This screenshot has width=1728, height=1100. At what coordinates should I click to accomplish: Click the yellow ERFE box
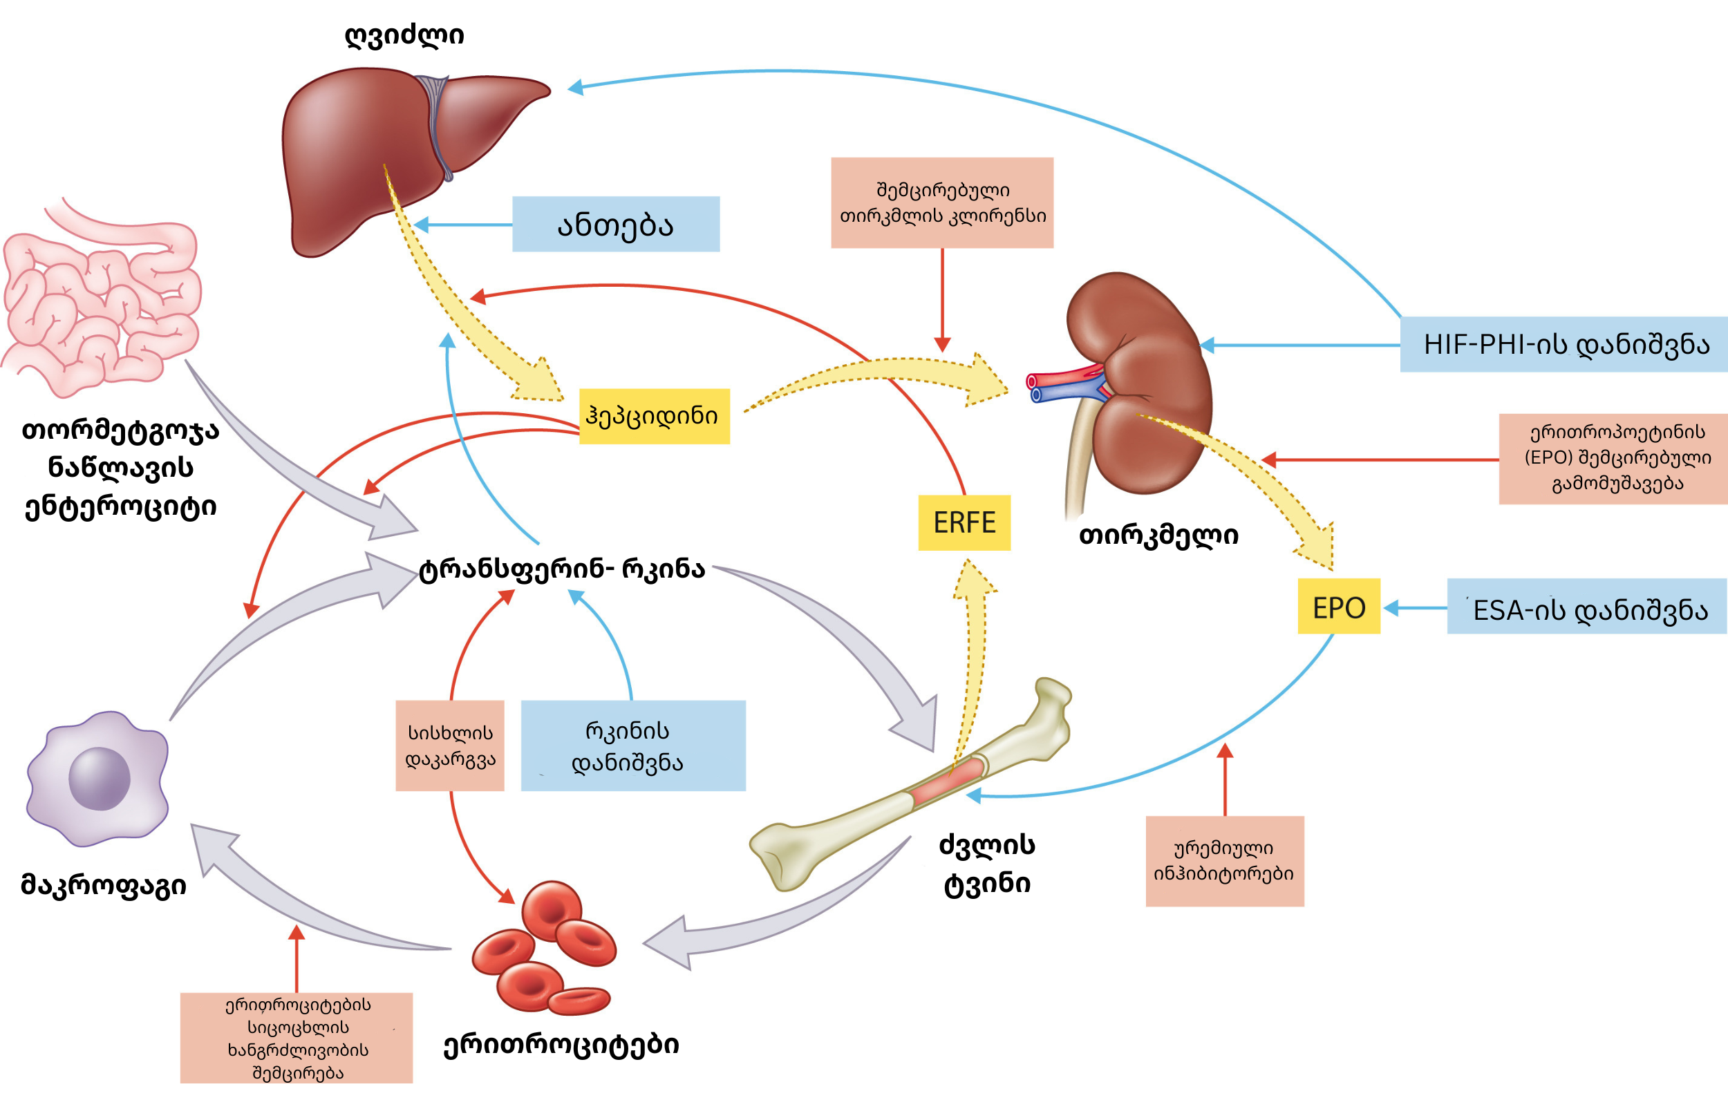click(964, 522)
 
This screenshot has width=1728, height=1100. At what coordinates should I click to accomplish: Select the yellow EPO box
click(1339, 607)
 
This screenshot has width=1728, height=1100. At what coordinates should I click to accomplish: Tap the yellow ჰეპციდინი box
click(655, 416)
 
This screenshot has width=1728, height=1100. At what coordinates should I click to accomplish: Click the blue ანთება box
click(616, 224)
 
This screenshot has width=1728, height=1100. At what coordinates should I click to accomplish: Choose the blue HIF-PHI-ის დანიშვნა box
click(1564, 344)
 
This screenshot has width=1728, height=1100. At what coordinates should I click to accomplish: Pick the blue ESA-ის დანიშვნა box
click(1588, 607)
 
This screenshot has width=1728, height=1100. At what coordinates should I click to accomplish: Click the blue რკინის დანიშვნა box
click(633, 746)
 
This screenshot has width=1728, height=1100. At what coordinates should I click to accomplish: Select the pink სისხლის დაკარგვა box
click(450, 746)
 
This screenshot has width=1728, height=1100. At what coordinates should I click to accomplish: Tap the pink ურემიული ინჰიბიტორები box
click(1225, 861)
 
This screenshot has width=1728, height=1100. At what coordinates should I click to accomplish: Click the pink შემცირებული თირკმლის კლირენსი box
click(942, 203)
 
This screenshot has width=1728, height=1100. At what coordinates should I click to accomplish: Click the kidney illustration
click(1134, 384)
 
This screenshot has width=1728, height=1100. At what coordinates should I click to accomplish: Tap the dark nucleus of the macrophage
click(99, 779)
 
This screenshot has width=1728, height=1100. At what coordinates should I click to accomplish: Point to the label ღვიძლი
click(405, 35)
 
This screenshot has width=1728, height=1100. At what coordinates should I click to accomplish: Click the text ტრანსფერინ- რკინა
click(563, 569)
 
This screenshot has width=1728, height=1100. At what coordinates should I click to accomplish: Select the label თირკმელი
click(1159, 535)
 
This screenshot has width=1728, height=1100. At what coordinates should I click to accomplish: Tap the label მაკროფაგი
click(104, 884)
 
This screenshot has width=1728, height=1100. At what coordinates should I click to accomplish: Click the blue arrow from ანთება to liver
click(464, 225)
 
